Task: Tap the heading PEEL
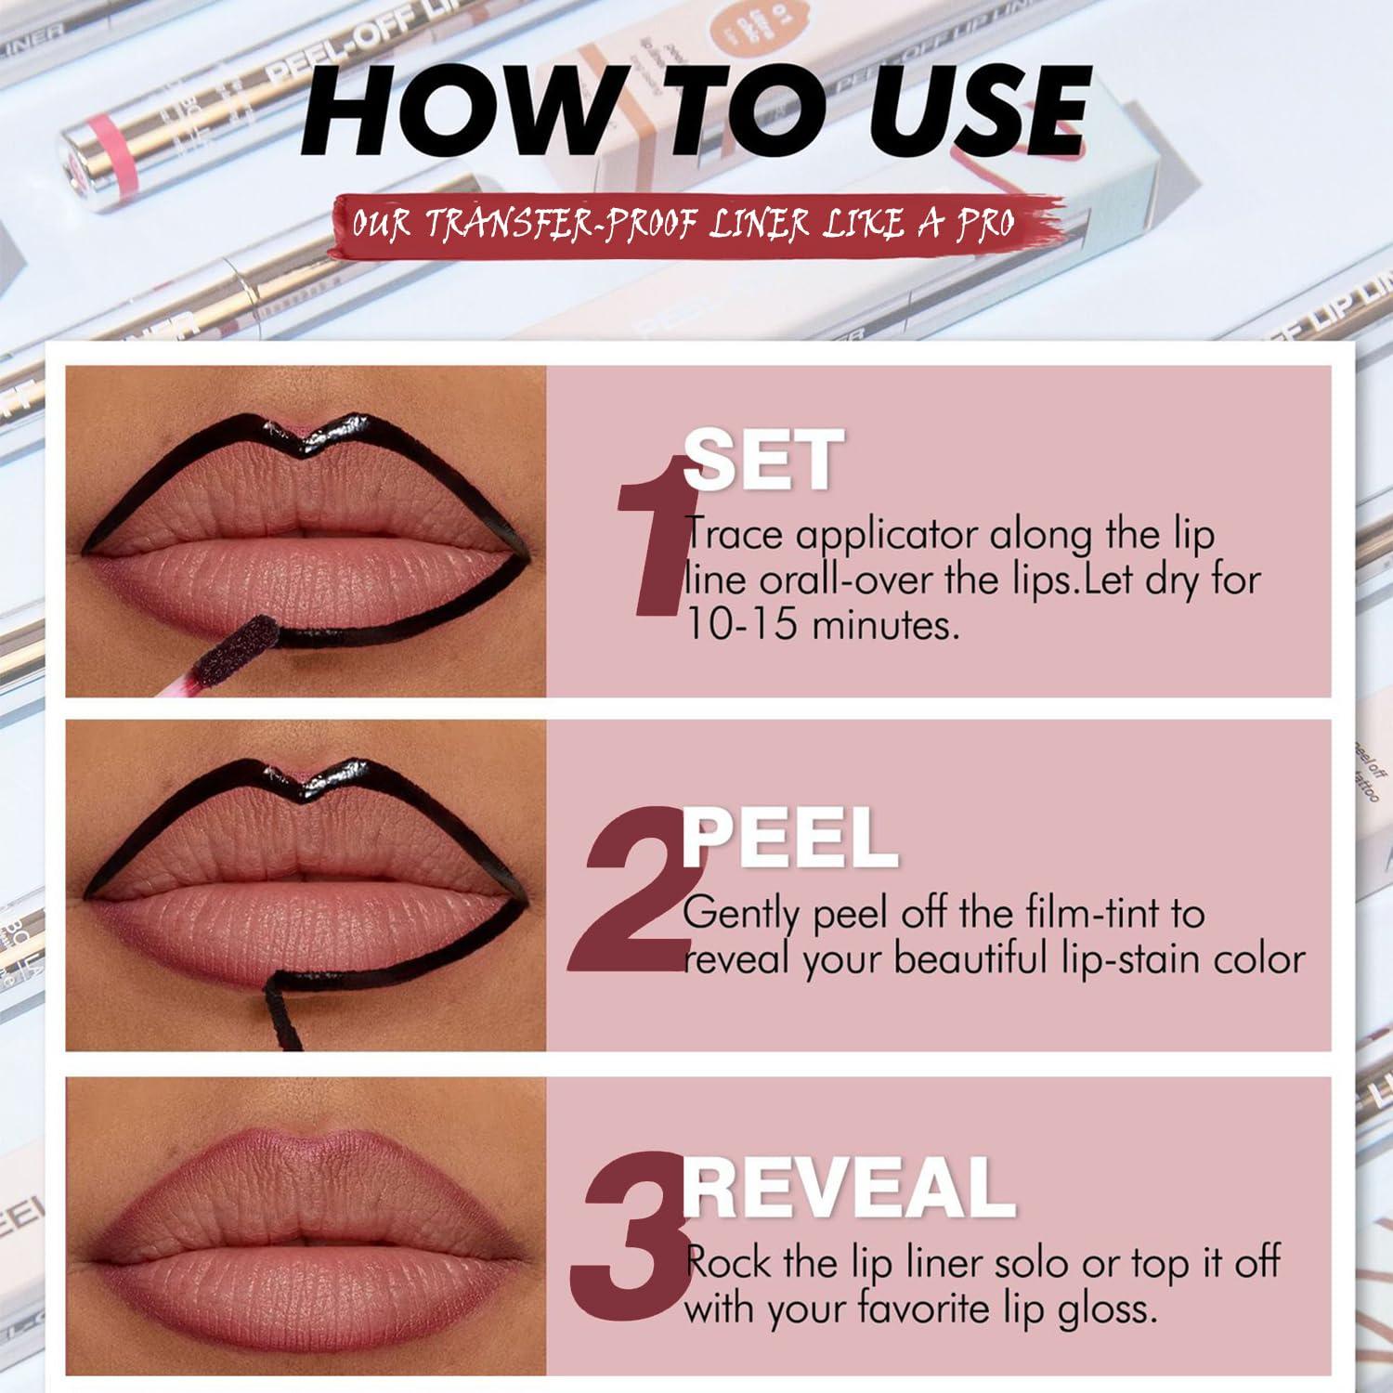(789, 837)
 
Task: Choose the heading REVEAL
(849, 1187)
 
